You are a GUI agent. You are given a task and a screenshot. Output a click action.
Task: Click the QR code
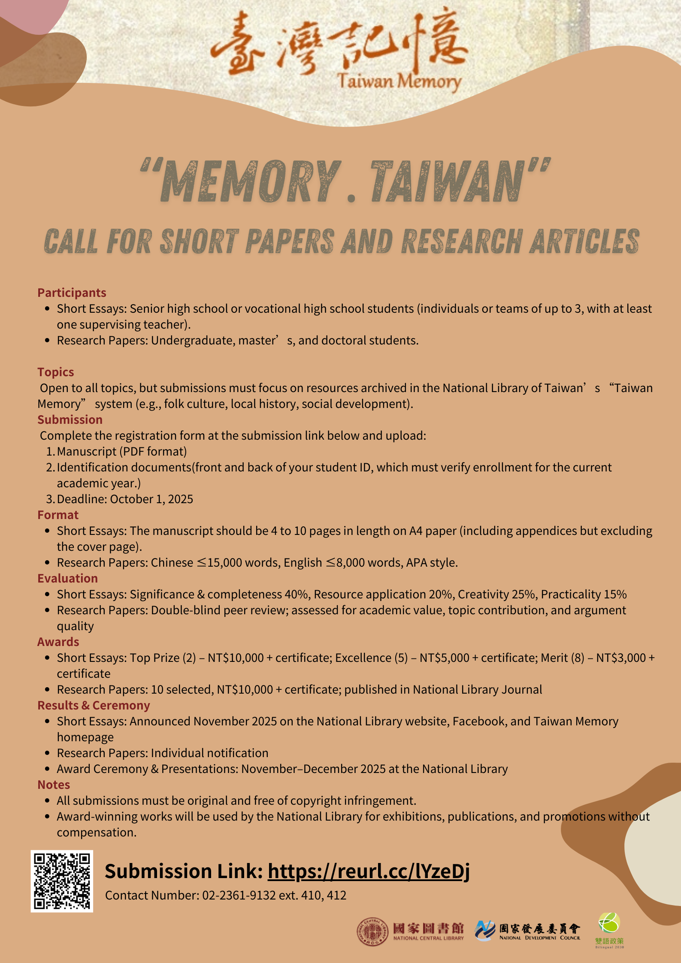tap(62, 881)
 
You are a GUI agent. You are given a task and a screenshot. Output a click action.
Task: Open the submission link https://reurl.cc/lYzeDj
tap(369, 871)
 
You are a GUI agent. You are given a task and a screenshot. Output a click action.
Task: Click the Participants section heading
tap(72, 293)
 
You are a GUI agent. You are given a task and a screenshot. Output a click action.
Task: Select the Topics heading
tap(56, 372)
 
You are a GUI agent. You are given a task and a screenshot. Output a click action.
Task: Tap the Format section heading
tap(58, 515)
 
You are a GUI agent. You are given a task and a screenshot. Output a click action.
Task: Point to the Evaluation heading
tap(67, 578)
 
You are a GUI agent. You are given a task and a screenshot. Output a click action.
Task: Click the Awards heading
tap(58, 642)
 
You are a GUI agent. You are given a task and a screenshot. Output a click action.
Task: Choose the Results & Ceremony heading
tap(94, 705)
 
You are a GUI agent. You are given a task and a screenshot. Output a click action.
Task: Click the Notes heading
tap(54, 785)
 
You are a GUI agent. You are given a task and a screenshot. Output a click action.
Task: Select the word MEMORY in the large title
tap(251, 182)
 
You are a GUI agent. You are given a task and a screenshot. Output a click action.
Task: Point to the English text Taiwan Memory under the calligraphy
tap(399, 81)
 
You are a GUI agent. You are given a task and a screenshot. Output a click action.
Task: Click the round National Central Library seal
tap(372, 931)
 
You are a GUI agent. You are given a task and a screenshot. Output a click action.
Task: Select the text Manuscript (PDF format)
tap(122, 451)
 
